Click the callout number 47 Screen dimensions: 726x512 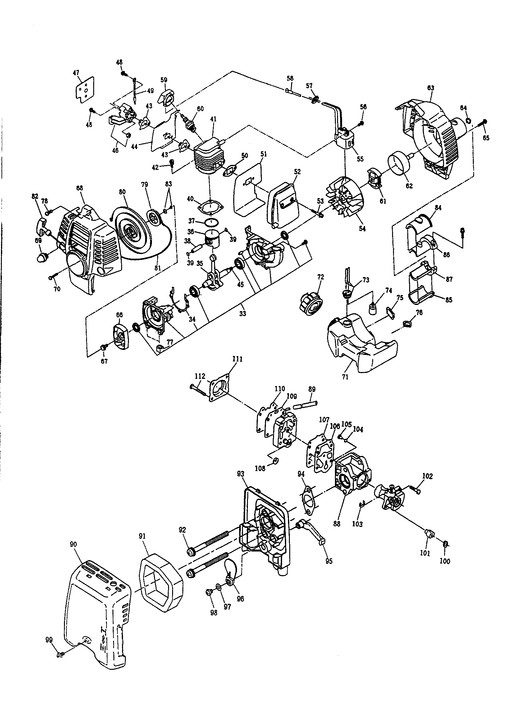(76, 73)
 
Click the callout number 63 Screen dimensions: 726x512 (430, 88)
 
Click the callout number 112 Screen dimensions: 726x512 (200, 376)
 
